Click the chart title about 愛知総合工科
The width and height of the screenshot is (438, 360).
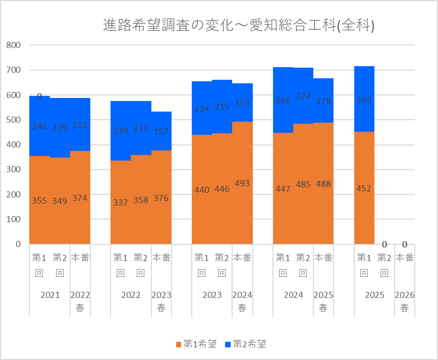[238, 25]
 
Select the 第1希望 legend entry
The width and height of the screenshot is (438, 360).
[196, 344]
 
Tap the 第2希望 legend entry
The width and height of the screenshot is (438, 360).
[246, 344]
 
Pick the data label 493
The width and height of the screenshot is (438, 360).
[242, 183]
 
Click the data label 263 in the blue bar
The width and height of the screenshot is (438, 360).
[364, 100]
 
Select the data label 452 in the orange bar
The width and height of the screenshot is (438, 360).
[364, 189]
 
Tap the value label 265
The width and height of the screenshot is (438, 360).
[283, 101]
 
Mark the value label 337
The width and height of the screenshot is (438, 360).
[120, 202]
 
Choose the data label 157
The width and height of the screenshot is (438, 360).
[161, 131]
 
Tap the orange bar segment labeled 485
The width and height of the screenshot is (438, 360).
[303, 212]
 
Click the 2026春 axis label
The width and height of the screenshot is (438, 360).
[404, 301]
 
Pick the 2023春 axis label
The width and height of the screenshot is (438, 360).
[161, 301]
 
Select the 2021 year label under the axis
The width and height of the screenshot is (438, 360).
[49, 295]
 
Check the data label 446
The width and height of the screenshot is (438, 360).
[222, 189]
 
